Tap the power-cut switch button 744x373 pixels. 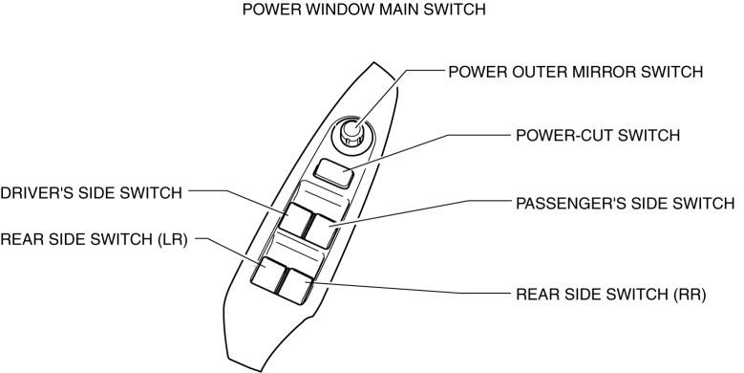point(334,173)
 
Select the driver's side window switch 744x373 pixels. point(295,219)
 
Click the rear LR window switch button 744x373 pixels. point(268,274)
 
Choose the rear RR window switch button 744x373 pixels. point(295,286)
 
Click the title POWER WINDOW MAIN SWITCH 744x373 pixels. point(364,9)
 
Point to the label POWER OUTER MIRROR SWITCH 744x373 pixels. point(576,72)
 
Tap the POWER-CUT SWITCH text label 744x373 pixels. point(598,136)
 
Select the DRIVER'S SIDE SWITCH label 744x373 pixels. point(91,193)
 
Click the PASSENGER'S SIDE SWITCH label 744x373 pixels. point(626,204)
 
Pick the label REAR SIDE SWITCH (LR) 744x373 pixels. point(94,239)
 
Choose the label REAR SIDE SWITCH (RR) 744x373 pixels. point(611,295)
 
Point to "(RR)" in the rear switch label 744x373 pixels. point(690,295)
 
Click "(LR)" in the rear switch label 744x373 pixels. point(173,239)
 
